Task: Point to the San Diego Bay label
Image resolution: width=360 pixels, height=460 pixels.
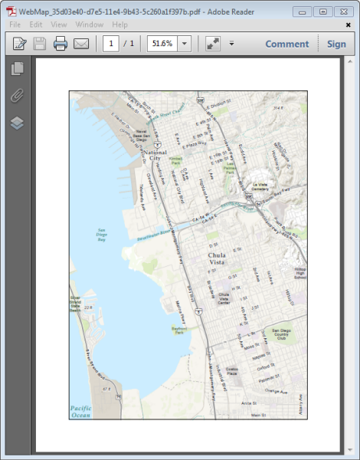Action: (x=101, y=235)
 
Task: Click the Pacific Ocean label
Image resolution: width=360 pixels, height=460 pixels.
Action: (x=80, y=412)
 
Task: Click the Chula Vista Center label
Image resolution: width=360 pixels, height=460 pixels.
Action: (x=224, y=298)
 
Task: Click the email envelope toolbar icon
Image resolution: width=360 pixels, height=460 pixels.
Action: (x=81, y=44)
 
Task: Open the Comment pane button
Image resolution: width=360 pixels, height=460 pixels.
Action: (x=286, y=44)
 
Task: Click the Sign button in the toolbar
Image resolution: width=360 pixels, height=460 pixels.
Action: (x=336, y=44)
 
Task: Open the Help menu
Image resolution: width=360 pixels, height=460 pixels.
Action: (x=120, y=25)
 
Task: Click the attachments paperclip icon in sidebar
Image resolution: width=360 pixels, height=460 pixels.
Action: (x=17, y=96)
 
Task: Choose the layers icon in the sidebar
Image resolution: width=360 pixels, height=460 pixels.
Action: (x=17, y=123)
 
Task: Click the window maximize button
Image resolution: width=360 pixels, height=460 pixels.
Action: (x=322, y=11)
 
